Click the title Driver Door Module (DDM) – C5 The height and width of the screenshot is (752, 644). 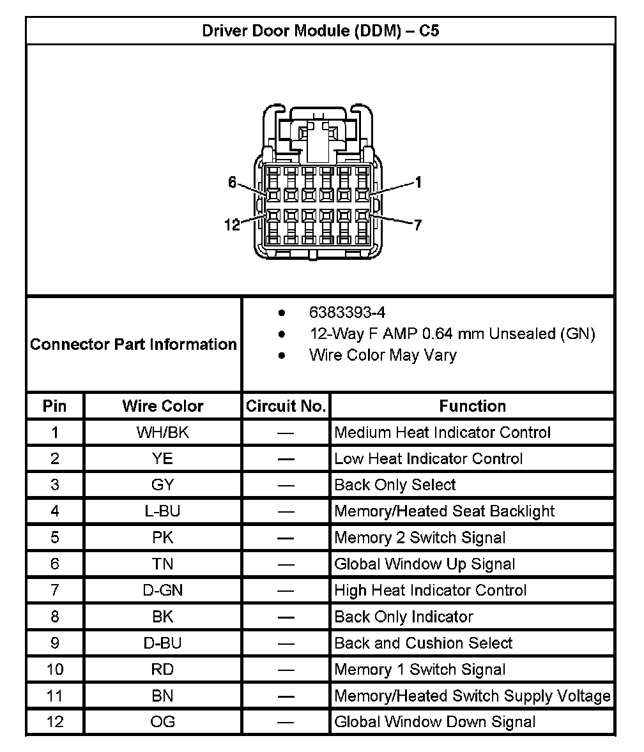coord(321,31)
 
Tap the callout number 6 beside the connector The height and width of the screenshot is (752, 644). coord(233,183)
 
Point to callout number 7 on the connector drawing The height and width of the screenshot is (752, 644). coord(417,225)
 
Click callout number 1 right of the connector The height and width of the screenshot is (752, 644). coord(418,183)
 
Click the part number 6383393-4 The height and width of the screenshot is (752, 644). coord(347,312)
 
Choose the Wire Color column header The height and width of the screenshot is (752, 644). coord(163,406)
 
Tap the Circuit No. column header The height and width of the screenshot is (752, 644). coord(286,406)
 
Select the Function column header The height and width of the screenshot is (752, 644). coord(473,406)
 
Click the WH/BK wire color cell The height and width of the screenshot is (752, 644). coord(163,432)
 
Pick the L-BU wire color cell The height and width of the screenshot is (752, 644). coord(163,511)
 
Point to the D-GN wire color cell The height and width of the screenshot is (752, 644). coord(163,590)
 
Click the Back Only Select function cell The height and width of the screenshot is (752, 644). coord(395,485)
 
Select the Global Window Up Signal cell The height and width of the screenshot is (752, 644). coord(424,564)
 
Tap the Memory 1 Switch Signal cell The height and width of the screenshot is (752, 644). coord(420,670)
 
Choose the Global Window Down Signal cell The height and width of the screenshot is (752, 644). coord(434,722)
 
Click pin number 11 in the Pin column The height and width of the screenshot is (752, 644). coord(55,696)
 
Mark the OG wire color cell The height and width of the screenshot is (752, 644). coord(163,722)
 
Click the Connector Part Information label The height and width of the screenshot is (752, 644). coord(134,345)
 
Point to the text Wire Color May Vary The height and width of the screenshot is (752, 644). coord(382,355)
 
